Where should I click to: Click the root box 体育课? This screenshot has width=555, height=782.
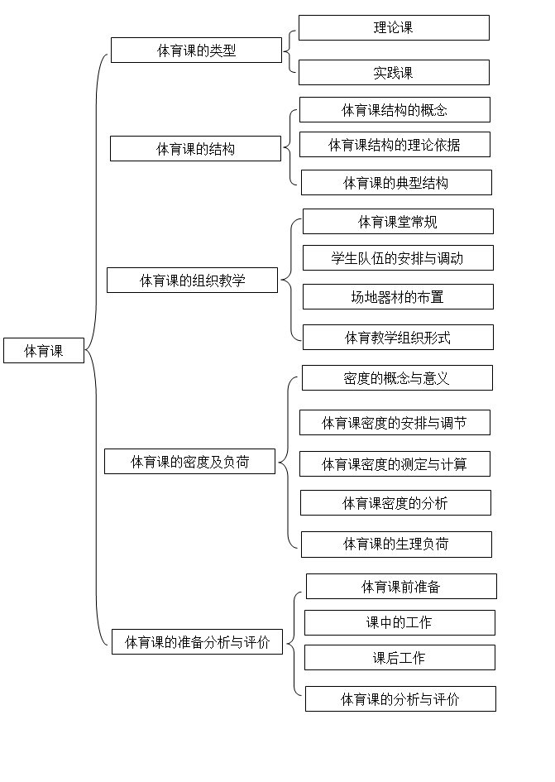pyautogui.click(x=44, y=351)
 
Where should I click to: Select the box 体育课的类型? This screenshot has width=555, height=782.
pyautogui.click(x=197, y=50)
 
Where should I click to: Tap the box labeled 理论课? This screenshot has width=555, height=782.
pyautogui.click(x=394, y=27)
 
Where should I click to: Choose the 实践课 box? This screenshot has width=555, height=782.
pyautogui.click(x=394, y=72)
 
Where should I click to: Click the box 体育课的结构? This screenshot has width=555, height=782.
pyautogui.click(x=195, y=149)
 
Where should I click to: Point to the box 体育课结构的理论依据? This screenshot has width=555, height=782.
pyautogui.click(x=395, y=145)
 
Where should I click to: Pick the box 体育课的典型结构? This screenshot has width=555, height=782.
pyautogui.click(x=396, y=183)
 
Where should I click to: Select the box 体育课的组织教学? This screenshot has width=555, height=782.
pyautogui.click(x=193, y=281)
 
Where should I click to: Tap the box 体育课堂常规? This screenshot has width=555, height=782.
pyautogui.click(x=399, y=222)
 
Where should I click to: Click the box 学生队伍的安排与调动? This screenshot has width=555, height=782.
pyautogui.click(x=399, y=258)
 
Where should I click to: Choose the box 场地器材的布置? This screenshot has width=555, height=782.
pyautogui.click(x=399, y=297)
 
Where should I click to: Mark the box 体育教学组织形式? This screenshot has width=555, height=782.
pyautogui.click(x=399, y=337)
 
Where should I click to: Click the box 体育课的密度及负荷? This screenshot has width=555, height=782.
pyautogui.click(x=190, y=461)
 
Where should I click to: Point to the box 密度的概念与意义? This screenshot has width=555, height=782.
pyautogui.click(x=397, y=378)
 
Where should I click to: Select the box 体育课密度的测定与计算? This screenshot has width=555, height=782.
pyautogui.click(x=395, y=463)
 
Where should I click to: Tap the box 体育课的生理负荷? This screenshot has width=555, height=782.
pyautogui.click(x=396, y=545)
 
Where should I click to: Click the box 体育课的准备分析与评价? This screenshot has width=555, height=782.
pyautogui.click(x=198, y=642)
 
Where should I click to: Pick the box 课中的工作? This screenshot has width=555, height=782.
pyautogui.click(x=400, y=622)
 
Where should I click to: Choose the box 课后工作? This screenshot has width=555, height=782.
pyautogui.click(x=400, y=657)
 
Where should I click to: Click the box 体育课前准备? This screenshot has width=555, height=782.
pyautogui.click(x=401, y=586)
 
